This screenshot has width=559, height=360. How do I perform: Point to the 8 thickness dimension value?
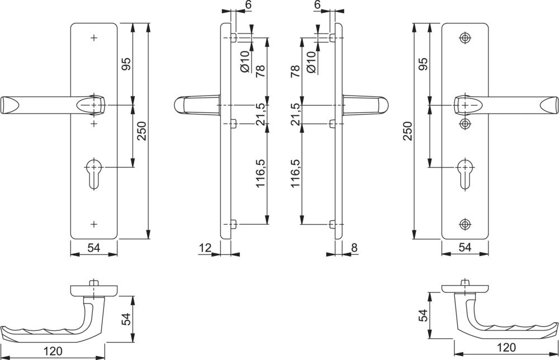click(x=354, y=247)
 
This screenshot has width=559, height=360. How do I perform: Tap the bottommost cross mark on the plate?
click(x=94, y=224)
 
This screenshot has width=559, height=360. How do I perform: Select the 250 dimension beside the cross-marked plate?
click(x=142, y=131)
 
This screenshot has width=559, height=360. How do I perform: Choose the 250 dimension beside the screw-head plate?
click(x=408, y=131)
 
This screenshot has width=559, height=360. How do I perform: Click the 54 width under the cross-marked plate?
click(x=94, y=247)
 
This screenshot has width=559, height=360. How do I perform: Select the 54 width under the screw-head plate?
click(x=465, y=247)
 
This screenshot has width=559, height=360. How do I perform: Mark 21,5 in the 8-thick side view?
click(x=296, y=114)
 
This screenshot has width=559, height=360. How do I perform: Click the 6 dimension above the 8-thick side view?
click(x=318, y=4)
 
